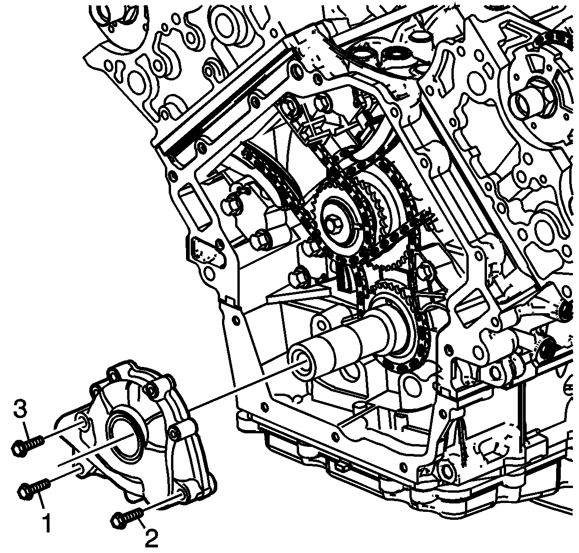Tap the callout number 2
pos(151,538)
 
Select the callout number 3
pos(21,411)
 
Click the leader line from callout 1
pos(42,506)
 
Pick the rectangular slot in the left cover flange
pos(195,205)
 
